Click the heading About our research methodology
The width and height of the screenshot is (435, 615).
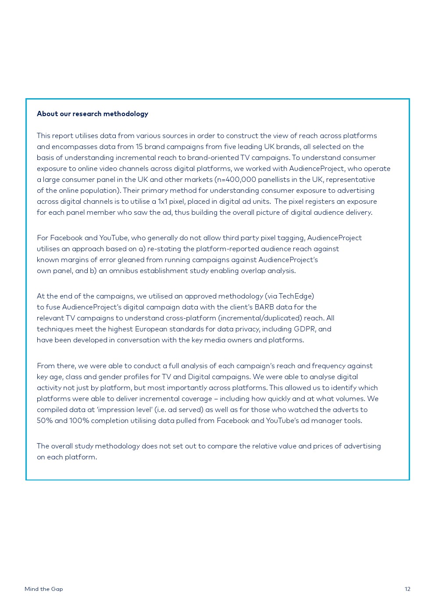pyautogui.click(x=93, y=114)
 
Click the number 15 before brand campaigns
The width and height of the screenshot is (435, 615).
pyautogui.click(x=139, y=147)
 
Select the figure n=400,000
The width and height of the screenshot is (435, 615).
pyautogui.click(x=235, y=180)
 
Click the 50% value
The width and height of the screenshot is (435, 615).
pyautogui.click(x=45, y=421)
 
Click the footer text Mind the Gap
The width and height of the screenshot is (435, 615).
pyautogui.click(x=44, y=589)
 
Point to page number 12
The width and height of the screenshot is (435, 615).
pyautogui.click(x=407, y=589)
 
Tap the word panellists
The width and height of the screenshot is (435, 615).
pyautogui.click(x=275, y=180)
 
